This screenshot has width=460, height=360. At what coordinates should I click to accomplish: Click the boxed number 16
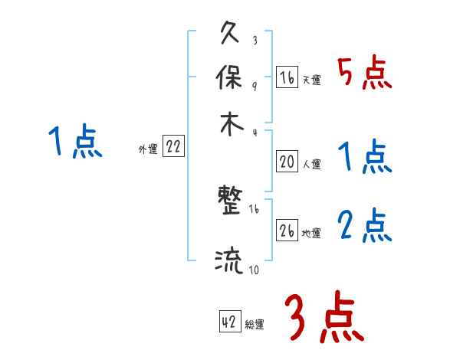pos(287,77)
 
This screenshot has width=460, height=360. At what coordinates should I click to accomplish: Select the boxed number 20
pos(287,162)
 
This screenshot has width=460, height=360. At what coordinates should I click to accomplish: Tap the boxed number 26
pos(287,231)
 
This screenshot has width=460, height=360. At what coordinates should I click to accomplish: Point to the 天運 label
pos(311,80)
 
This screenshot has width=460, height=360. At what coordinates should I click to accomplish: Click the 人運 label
pos(311,163)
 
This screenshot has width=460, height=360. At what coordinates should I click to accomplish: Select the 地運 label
pos(311,233)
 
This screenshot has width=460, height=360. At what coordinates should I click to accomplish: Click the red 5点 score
pos(364,74)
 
